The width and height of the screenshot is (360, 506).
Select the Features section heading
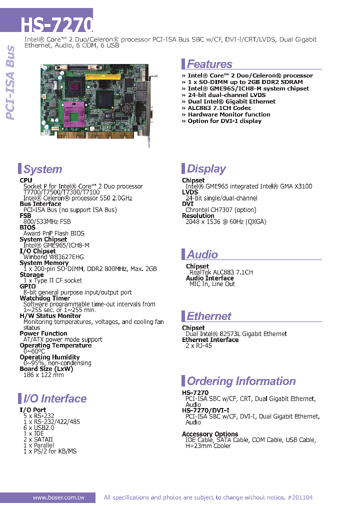209,64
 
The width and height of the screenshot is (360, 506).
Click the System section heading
43,169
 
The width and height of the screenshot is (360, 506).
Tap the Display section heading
206,168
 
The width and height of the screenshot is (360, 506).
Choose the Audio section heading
202,254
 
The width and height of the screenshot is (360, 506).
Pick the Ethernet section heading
209,316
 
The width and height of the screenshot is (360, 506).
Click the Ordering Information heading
241,381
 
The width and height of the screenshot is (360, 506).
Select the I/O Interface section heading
55,398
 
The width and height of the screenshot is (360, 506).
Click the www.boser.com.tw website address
58,497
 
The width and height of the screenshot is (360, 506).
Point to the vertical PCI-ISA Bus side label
10,83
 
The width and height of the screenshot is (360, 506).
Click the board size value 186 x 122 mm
43,375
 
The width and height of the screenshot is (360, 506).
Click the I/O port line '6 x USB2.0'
38,427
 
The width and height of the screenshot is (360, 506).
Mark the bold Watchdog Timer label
44,298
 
